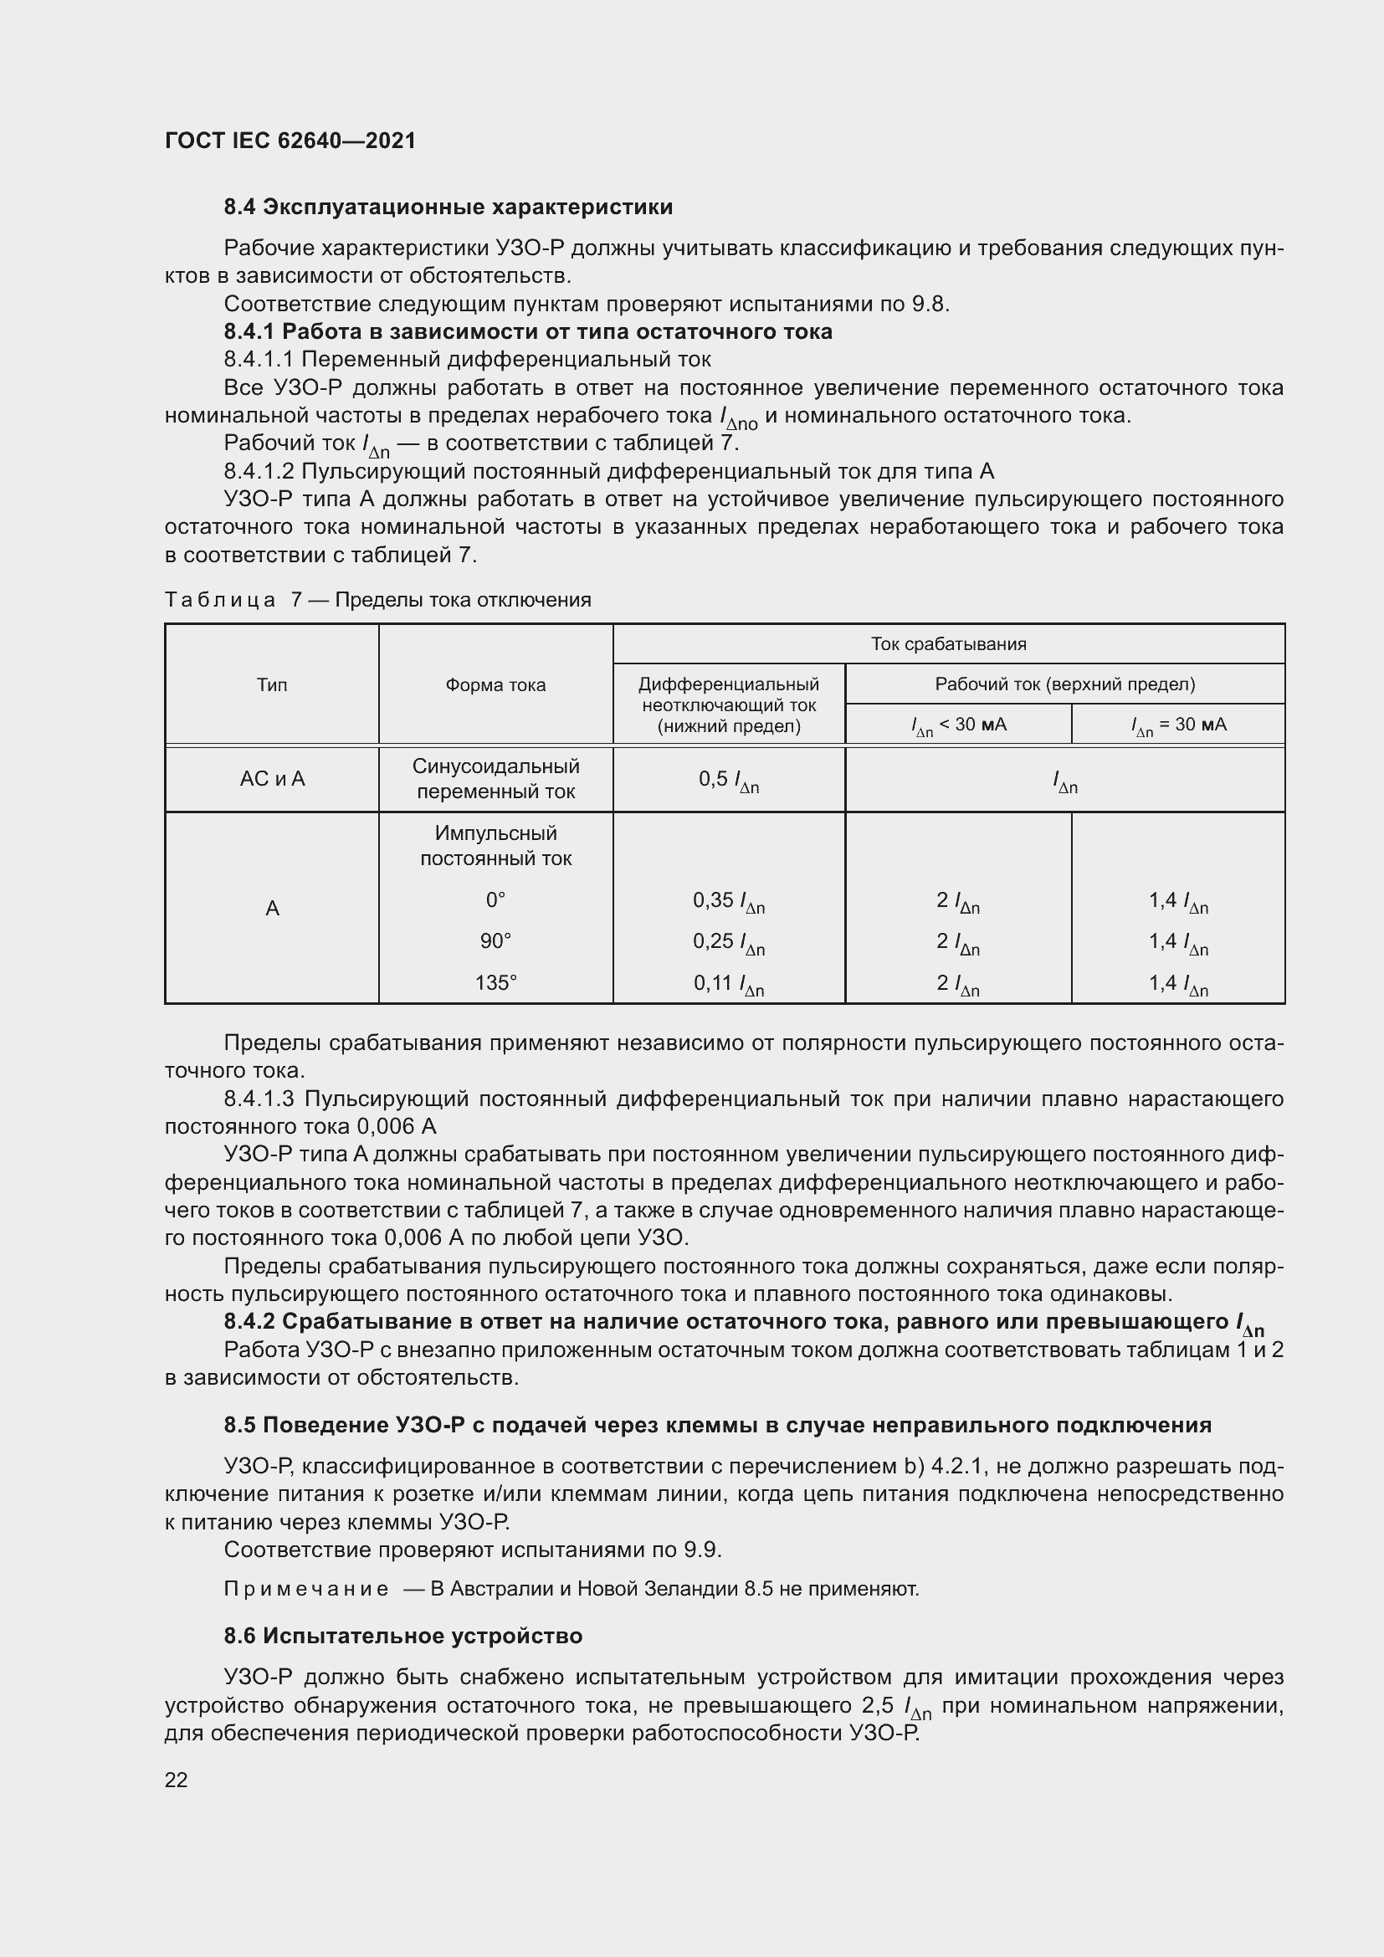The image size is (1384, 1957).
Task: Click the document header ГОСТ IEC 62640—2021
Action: [x=290, y=141]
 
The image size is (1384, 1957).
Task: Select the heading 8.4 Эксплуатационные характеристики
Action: [x=448, y=207]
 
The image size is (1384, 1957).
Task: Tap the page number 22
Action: [x=177, y=1780]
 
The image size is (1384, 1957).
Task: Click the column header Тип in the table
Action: [x=272, y=685]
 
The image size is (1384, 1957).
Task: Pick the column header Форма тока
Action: [x=495, y=685]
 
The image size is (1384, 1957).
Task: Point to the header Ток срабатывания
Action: [x=948, y=644]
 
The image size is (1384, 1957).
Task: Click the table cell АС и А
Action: [x=272, y=779]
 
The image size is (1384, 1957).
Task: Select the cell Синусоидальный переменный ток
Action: [x=495, y=779]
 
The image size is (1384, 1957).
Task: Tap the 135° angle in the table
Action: [x=495, y=983]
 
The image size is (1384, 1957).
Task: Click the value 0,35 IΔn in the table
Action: [x=729, y=901]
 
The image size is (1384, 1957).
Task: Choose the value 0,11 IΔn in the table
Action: [x=729, y=984]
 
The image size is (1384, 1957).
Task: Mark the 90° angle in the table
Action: [x=495, y=941]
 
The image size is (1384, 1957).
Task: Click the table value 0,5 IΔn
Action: [x=729, y=780]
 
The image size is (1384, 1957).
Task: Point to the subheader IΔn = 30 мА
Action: [x=1178, y=725]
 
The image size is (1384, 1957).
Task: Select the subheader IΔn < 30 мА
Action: [x=958, y=725]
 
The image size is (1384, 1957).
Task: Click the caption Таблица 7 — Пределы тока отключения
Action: [x=377, y=600]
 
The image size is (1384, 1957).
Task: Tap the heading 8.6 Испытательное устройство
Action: [x=402, y=1636]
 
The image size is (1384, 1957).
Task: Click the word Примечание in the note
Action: [x=306, y=1589]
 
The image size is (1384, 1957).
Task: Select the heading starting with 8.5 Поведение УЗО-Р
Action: [x=717, y=1425]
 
